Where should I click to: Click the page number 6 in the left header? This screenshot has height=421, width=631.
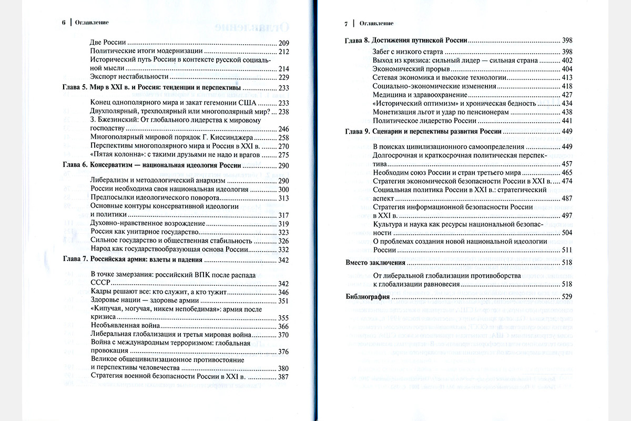64,23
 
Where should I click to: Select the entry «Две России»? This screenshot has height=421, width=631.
109,42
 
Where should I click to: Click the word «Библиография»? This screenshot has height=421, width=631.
368,297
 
